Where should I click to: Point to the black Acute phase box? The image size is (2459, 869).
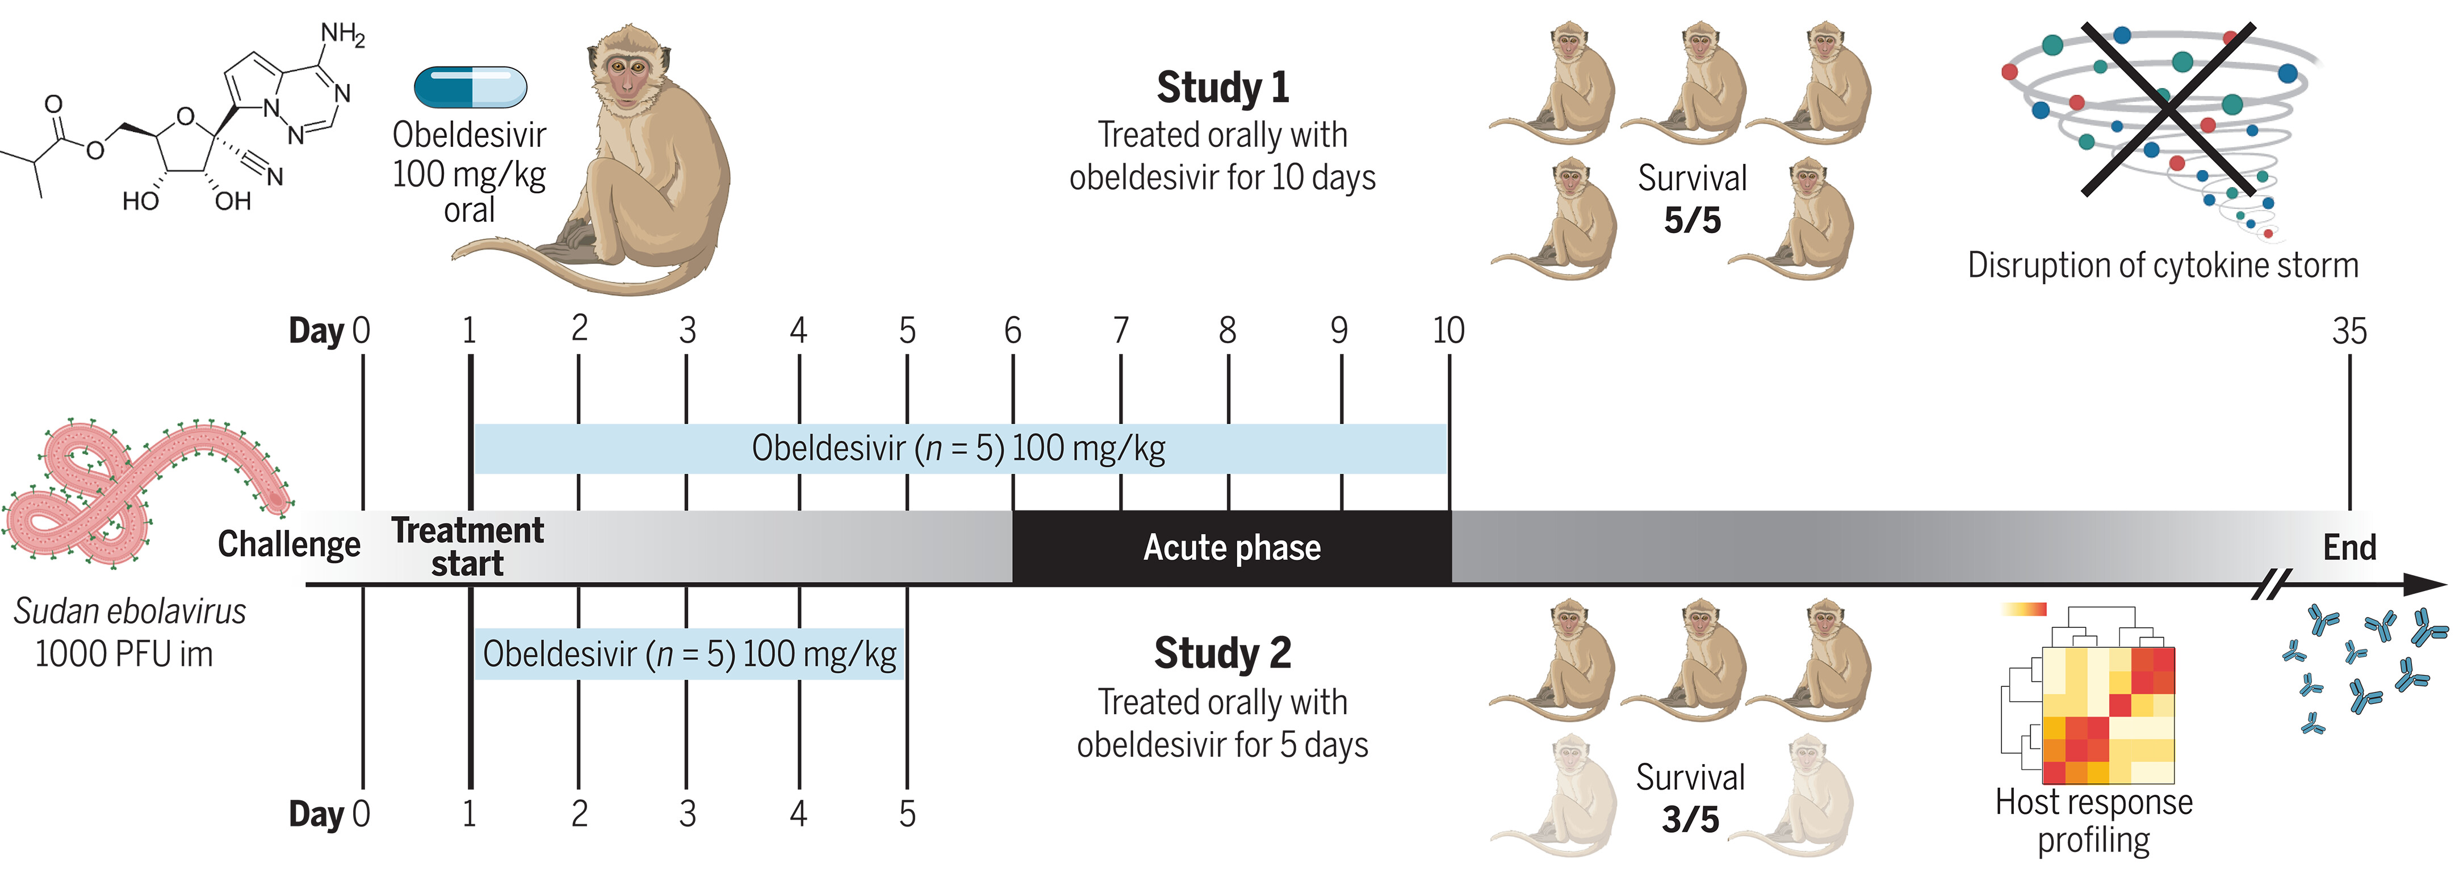coord(1231,547)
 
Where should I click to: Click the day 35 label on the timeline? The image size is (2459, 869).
coord(2349,331)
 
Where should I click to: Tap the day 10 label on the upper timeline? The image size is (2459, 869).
coord(1448,330)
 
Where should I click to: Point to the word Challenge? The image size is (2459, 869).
coord(288,544)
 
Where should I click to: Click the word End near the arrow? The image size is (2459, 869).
coord(2349,547)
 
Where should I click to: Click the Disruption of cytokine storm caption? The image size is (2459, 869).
coord(2162,265)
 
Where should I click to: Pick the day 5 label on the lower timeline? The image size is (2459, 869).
coord(907,813)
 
